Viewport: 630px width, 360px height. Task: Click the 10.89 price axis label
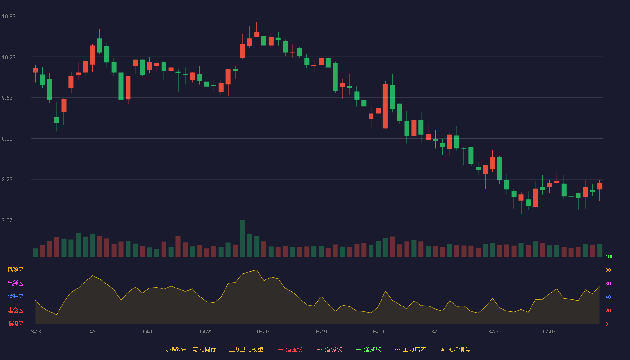pos(9,16)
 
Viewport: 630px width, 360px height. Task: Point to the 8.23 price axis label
pos(7,180)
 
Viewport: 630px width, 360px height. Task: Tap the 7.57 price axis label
pos(7,220)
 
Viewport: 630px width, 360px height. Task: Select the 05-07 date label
pos(263,332)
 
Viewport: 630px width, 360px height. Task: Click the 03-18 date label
pos(35,332)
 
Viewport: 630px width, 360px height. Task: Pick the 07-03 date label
pos(549,332)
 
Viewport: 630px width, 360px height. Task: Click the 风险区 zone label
pos(15,270)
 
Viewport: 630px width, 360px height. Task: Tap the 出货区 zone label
pos(15,283)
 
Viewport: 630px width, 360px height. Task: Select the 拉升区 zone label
pos(15,297)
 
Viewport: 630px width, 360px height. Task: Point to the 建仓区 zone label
pos(15,310)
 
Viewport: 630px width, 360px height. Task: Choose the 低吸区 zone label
pos(15,324)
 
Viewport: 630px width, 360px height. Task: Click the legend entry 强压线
pos(290,349)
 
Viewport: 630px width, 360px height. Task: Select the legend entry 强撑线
pos(369,349)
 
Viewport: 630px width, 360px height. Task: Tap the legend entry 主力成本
pos(410,349)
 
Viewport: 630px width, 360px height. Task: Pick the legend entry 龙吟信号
pos(455,349)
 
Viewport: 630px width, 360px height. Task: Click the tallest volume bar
pos(243,238)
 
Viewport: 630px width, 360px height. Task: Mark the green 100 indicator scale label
pos(609,256)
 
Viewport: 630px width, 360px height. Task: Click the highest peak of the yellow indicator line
pos(256,270)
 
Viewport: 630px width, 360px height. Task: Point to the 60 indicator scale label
pos(608,283)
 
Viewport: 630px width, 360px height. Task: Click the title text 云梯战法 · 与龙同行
pos(189,349)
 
